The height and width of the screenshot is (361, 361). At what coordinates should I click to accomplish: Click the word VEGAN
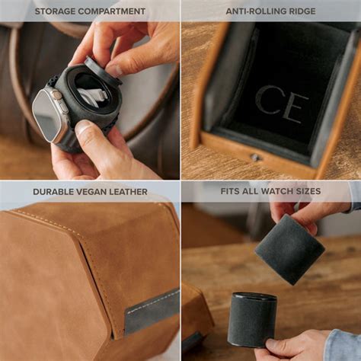97,192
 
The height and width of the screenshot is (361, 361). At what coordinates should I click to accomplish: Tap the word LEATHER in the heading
131,192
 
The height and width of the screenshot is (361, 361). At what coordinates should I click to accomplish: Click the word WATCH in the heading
282,191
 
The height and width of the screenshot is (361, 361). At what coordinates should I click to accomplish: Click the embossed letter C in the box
268,101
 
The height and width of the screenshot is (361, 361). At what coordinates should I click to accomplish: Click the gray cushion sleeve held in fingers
289,248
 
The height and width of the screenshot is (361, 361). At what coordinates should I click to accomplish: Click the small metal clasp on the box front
256,158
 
